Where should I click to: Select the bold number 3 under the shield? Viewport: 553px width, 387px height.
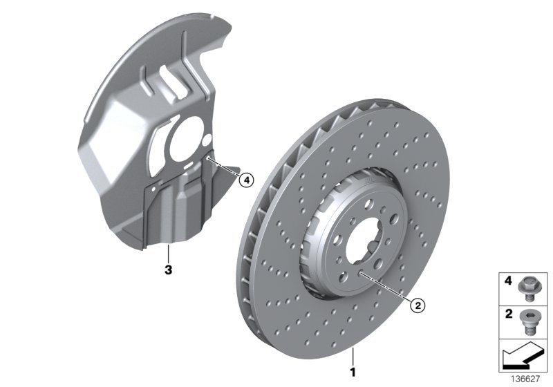point(168,266)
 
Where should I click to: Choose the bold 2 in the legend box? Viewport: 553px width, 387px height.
point(509,314)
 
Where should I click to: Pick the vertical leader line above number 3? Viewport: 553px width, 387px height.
point(168,252)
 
